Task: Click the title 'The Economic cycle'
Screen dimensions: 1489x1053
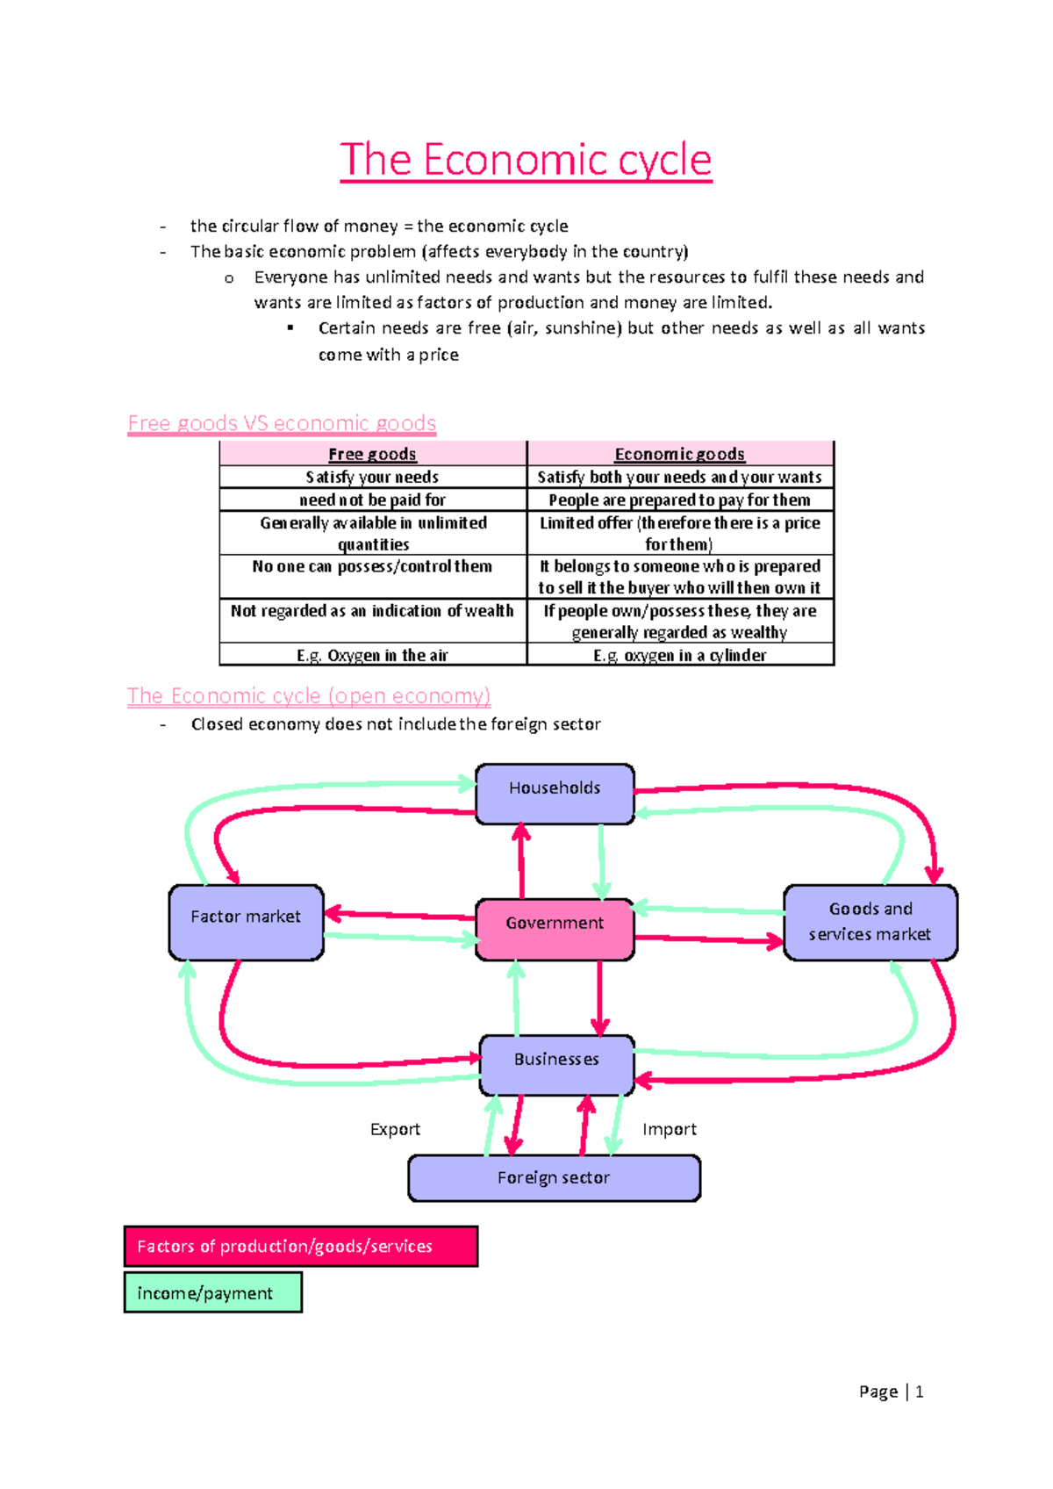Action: (x=526, y=160)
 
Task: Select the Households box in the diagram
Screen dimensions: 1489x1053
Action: (x=555, y=793)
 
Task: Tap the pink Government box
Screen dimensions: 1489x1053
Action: (x=555, y=928)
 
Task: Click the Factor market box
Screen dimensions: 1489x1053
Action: (x=246, y=922)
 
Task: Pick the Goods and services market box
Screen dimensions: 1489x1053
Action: (x=870, y=922)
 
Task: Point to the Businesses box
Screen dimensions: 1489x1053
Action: (x=556, y=1064)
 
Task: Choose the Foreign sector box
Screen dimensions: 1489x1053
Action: (x=554, y=1177)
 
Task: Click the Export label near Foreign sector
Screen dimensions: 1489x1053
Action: (x=395, y=1129)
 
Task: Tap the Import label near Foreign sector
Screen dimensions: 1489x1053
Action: (x=669, y=1129)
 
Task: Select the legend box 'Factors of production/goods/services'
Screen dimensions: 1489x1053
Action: (x=301, y=1246)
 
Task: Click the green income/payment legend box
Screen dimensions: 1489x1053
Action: (x=213, y=1293)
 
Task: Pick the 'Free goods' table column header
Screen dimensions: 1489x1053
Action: (x=372, y=454)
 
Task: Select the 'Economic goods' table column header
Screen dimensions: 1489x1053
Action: (x=679, y=454)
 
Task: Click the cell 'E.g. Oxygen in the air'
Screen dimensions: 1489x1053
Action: (x=372, y=655)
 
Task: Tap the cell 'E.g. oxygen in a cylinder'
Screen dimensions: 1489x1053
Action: (x=679, y=655)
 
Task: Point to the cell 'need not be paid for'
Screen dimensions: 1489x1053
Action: (x=372, y=500)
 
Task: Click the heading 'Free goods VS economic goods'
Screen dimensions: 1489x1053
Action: (x=282, y=423)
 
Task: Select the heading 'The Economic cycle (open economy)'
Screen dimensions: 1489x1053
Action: (x=309, y=696)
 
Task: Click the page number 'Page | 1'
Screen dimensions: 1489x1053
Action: (x=891, y=1392)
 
